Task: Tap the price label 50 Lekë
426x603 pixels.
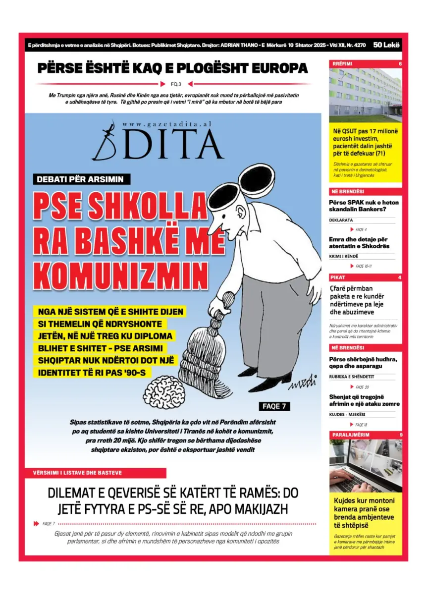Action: click(387, 45)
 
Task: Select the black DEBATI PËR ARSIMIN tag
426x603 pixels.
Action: click(81, 179)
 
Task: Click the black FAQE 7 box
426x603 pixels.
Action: click(274, 406)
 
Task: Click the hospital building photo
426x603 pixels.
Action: click(365, 95)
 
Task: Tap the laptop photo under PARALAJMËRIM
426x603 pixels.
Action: click(365, 465)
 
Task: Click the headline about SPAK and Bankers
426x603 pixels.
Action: click(364, 206)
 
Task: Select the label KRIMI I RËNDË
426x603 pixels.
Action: click(344, 257)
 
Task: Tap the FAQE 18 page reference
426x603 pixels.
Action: click(361, 425)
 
